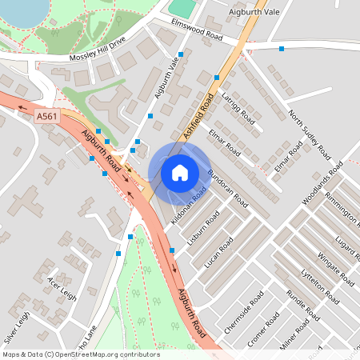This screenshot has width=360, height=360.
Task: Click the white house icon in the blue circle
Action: coord(180,172)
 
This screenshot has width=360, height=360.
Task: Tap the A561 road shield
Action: coord(46,117)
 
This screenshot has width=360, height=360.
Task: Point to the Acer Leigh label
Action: coord(62,289)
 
